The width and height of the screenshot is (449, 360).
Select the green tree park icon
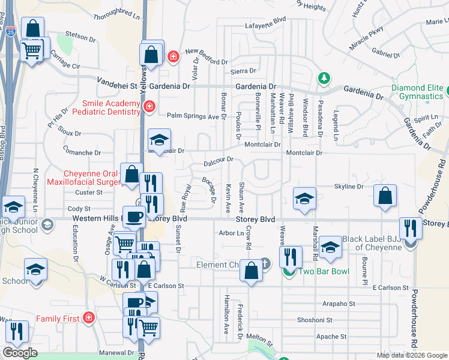(x=324, y=78)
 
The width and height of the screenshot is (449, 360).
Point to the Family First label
(x=58, y=319)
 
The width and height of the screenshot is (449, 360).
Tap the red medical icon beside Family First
(x=89, y=317)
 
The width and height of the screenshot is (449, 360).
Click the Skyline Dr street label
(x=349, y=187)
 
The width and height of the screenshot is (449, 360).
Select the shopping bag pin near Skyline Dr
(x=385, y=196)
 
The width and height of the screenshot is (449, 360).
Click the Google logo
(x=20, y=353)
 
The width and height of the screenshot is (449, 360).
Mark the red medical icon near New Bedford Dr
(x=173, y=56)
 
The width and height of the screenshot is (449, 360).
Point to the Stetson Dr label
(x=77, y=35)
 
